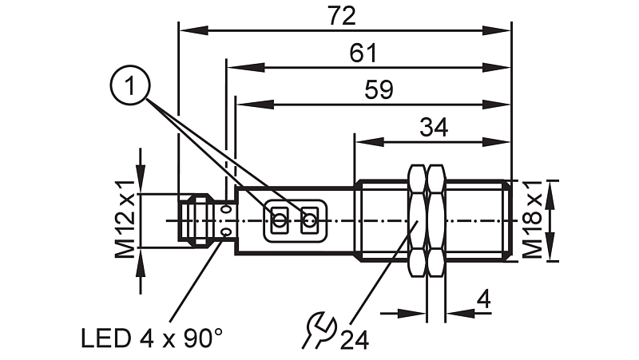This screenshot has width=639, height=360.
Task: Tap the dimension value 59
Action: point(379,89)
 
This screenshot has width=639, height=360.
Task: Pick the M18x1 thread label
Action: point(534,220)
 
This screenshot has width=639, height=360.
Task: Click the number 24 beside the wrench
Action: point(355,340)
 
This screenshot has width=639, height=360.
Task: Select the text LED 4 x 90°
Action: point(152,338)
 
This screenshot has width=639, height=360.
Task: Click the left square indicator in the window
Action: point(280,220)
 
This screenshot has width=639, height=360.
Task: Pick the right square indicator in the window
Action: point(309,220)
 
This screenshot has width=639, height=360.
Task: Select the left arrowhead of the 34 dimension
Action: point(361,143)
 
